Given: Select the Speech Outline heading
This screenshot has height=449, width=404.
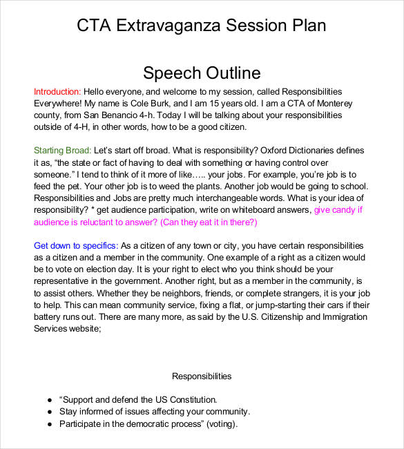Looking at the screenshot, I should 202,73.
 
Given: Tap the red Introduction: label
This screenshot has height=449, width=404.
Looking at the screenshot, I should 57,92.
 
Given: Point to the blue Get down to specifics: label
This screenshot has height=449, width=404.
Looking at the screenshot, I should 76,246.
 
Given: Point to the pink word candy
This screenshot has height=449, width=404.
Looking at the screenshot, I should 343,210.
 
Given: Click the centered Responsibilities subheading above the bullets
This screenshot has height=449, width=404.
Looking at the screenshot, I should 202,376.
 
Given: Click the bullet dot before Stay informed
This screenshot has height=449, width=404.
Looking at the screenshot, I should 49,412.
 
